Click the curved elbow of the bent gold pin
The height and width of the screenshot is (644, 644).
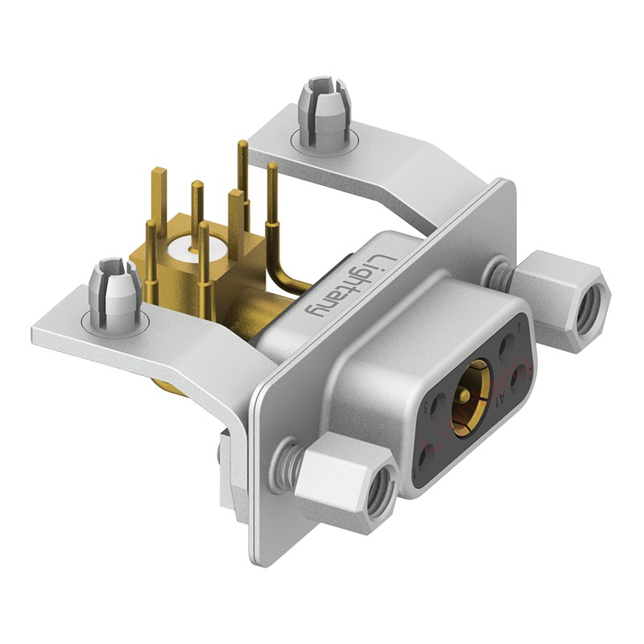(x=282, y=278)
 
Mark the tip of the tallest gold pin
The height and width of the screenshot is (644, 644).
(x=241, y=145)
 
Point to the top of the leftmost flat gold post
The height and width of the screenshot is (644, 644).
(x=159, y=171)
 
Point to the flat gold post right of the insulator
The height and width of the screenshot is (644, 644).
(x=234, y=201)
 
